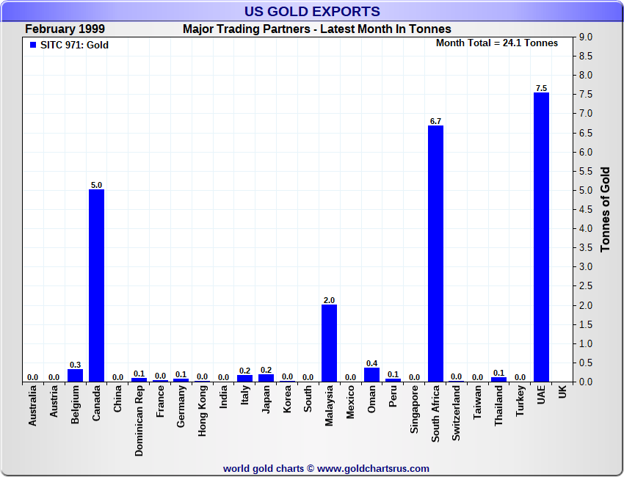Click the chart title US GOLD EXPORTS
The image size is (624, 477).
[312, 11]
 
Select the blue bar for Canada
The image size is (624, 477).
[96, 285]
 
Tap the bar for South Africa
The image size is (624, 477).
[435, 253]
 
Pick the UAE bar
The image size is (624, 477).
[541, 237]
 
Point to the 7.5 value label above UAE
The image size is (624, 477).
[541, 88]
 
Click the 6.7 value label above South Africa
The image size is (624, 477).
[435, 121]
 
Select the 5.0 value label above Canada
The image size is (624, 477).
[96, 185]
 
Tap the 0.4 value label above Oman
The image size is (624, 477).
[371, 363]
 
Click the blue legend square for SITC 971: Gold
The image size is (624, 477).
[32, 45]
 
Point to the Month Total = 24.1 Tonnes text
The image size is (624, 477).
[497, 43]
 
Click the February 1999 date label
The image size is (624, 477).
[65, 29]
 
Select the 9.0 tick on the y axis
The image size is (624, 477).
[586, 37]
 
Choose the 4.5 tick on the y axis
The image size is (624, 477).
[586, 209]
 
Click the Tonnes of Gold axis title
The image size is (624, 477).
[606, 209]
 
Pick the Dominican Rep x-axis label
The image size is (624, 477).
[139, 422]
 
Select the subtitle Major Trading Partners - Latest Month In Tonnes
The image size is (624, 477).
[316, 29]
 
